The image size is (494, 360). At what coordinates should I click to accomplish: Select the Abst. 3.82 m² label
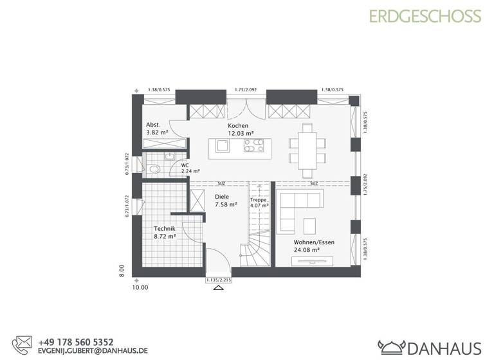pyautogui.click(x=157, y=129)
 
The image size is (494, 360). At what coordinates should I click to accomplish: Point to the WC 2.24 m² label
pyautogui.click(x=190, y=168)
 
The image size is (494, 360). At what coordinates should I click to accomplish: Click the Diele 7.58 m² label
pyautogui.click(x=225, y=201)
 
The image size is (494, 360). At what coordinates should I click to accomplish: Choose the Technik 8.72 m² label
pyautogui.click(x=165, y=233)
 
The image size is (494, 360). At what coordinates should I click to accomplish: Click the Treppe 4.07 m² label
pyautogui.click(x=259, y=203)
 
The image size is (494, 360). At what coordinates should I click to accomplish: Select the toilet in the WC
pyautogui.click(x=153, y=169)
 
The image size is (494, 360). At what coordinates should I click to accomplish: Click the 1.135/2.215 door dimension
pyautogui.click(x=218, y=280)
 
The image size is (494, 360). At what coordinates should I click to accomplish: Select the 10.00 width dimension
pyautogui.click(x=140, y=287)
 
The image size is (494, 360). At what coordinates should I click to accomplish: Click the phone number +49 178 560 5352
pyautogui.click(x=75, y=342)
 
